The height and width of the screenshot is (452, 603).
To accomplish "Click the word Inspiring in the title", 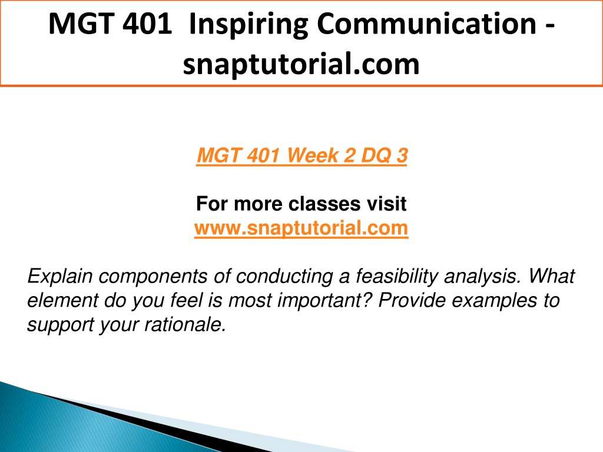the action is [249, 25].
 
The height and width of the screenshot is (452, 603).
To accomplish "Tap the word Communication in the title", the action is [426, 24].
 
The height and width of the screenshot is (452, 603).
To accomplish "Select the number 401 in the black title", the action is [147, 24].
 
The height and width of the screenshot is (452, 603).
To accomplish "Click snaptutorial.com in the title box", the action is [301, 64].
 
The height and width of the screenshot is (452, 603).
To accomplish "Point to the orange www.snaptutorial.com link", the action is [301, 228].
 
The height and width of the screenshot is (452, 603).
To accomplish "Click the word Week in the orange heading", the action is [313, 155].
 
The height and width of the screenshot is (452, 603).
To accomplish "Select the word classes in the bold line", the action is [324, 204].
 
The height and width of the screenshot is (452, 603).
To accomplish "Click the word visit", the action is [386, 204].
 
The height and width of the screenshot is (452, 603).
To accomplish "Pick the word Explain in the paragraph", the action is [60, 277].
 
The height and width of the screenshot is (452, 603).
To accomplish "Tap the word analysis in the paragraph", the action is [483, 277].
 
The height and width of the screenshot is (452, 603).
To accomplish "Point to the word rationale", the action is [185, 325].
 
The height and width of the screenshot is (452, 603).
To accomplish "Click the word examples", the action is [494, 301].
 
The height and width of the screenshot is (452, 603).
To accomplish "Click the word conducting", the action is [284, 277].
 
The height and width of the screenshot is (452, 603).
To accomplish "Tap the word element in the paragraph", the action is [62, 301].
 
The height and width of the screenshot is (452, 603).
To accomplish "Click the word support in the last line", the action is [61, 325].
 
